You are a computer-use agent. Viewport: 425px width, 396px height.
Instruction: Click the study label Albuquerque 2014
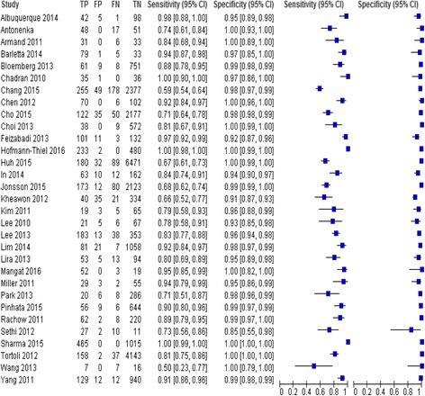click(x=32, y=16)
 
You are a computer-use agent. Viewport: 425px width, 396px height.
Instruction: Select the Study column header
click(x=14, y=4)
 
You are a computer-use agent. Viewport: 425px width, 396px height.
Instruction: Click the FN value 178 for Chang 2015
click(x=139, y=77)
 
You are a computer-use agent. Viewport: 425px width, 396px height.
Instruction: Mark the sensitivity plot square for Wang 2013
click(x=313, y=367)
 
